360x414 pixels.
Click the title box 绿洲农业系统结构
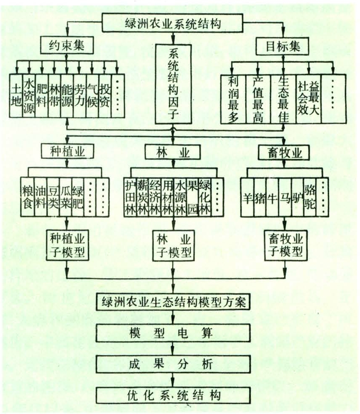point(173,23)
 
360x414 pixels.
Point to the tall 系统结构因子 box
point(173,84)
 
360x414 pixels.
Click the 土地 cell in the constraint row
point(16,96)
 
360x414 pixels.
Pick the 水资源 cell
point(29,96)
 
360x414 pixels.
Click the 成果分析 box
point(173,362)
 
